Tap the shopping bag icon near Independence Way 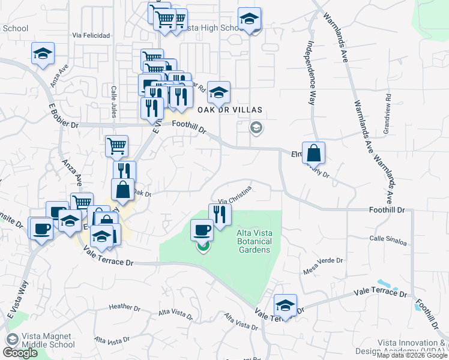[x=313, y=154]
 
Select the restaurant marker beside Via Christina [x=220, y=214]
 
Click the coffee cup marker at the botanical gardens [x=202, y=230]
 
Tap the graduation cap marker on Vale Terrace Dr [x=285, y=305]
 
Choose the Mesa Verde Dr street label [x=323, y=261]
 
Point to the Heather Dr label [x=124, y=307]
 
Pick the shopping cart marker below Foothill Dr [x=116, y=145]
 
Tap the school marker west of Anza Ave [x=43, y=53]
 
